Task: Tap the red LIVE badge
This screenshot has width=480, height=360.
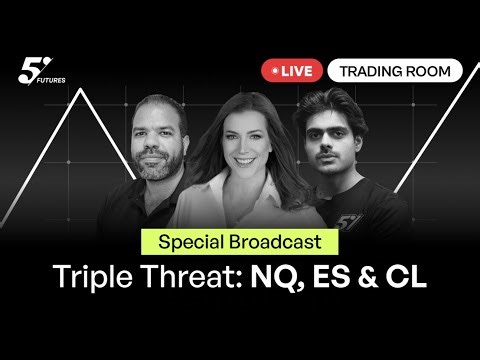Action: [x=290, y=70]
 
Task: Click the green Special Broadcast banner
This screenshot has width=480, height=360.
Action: [x=239, y=241]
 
